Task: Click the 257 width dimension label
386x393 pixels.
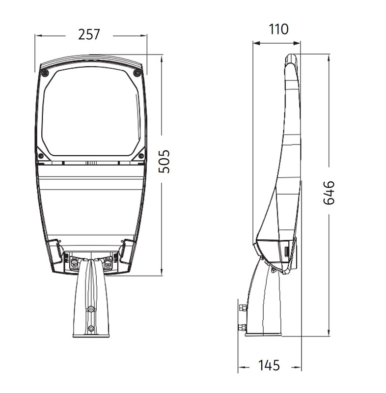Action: (x=89, y=34)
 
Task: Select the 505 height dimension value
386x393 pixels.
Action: (x=165, y=162)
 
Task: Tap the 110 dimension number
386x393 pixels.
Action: (x=278, y=29)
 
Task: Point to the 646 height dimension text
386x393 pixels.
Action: (x=329, y=193)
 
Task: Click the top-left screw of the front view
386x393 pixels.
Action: (x=45, y=73)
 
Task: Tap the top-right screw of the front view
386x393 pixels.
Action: (x=137, y=73)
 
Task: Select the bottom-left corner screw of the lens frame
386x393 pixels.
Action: (x=41, y=156)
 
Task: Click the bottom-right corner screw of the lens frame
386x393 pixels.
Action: (x=141, y=156)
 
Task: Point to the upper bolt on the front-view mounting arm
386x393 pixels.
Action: (x=91, y=309)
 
